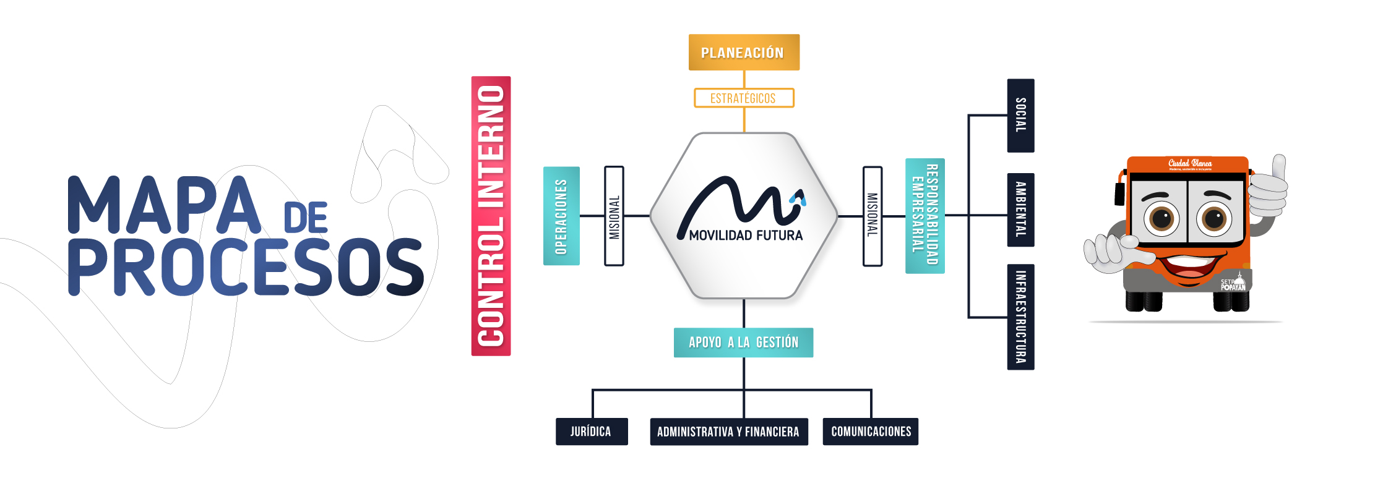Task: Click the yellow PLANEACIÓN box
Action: click(x=744, y=53)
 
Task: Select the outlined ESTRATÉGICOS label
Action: click(x=744, y=98)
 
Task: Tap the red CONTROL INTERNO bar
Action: click(x=491, y=216)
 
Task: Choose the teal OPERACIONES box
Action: click(x=561, y=216)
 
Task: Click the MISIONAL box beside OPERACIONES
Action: click(x=614, y=216)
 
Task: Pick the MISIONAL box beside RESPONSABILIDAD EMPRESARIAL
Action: click(x=873, y=216)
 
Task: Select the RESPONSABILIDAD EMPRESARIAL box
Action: click(x=925, y=216)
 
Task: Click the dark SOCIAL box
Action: click(x=1020, y=116)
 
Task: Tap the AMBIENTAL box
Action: click(x=1020, y=210)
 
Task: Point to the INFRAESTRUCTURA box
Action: click(x=1020, y=317)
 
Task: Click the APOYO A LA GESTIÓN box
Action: click(x=743, y=343)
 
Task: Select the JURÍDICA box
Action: click(x=592, y=432)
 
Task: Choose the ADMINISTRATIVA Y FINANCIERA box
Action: click(x=728, y=432)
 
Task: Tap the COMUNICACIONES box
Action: click(x=870, y=432)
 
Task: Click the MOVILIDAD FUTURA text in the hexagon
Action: click(x=746, y=236)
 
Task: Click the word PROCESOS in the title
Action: click(x=246, y=267)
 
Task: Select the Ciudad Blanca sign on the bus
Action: click(x=1189, y=164)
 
